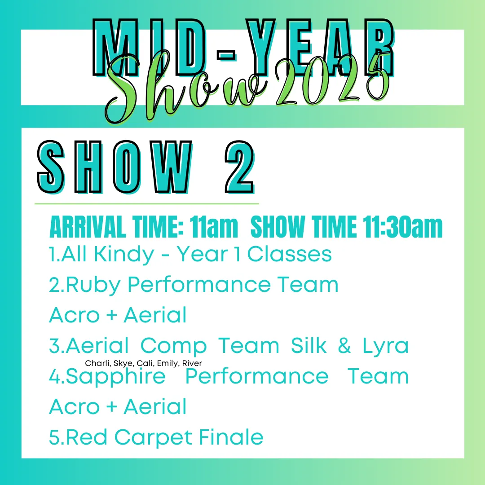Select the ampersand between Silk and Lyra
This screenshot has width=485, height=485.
344,345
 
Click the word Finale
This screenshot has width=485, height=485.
231,437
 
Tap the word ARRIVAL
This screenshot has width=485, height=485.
88,227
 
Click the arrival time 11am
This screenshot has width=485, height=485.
214,227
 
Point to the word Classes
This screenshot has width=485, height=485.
289,255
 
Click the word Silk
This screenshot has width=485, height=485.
309,345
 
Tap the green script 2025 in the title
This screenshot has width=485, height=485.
332,81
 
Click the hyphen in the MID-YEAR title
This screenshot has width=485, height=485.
226,55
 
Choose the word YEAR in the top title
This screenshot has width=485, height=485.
320,47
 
